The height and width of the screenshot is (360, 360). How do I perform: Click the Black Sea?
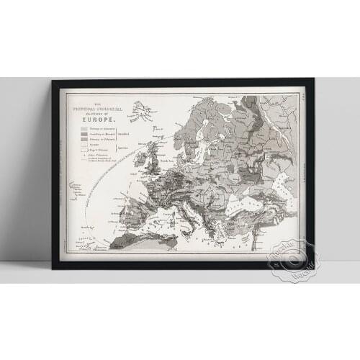tap(248, 206)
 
